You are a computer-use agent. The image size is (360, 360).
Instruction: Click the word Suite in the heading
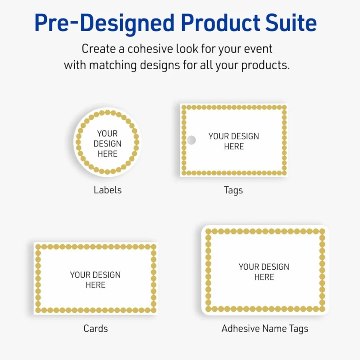click(x=291, y=23)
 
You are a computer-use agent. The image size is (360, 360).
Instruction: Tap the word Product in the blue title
click(x=221, y=23)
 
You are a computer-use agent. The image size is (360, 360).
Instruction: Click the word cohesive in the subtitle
click(x=150, y=49)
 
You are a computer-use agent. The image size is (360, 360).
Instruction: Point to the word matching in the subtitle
click(x=113, y=66)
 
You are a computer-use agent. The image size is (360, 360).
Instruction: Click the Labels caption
click(x=107, y=190)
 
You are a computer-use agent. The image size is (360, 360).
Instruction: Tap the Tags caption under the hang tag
click(x=233, y=191)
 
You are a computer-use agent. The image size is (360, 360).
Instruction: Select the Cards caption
click(x=95, y=328)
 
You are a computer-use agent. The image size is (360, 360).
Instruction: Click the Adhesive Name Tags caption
click(x=265, y=329)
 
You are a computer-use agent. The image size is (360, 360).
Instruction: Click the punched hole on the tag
click(x=191, y=140)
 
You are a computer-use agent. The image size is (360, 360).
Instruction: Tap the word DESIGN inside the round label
click(x=107, y=144)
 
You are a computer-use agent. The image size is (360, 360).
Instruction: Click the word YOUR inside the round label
click(x=107, y=133)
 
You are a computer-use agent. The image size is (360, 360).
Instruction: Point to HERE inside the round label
click(x=107, y=154)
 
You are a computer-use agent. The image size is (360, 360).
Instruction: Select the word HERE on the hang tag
click(x=234, y=147)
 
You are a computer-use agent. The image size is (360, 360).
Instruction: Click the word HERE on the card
click(x=95, y=285)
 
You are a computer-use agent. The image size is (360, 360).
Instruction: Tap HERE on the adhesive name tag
click(x=264, y=277)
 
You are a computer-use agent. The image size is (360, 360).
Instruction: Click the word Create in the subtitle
click(x=99, y=49)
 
